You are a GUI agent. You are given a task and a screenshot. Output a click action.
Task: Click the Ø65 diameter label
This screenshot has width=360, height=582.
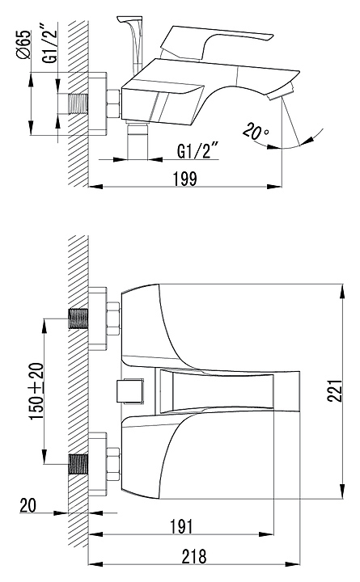tap(24, 45)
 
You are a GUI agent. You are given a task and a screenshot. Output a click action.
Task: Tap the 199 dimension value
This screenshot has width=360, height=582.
tap(185, 179)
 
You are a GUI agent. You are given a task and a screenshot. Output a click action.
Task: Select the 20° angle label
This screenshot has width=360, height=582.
tap(256, 132)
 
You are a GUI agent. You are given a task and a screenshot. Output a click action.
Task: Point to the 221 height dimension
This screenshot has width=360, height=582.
tap(335, 391)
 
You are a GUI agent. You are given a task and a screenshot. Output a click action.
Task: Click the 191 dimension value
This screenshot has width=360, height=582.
tap(182, 526)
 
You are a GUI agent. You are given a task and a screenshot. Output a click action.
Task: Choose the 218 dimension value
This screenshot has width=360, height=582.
tap(194, 556)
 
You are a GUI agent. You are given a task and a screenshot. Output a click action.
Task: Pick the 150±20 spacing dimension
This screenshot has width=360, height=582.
tap(36, 391)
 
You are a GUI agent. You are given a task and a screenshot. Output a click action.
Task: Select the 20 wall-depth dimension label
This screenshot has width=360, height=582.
tap(28, 505)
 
